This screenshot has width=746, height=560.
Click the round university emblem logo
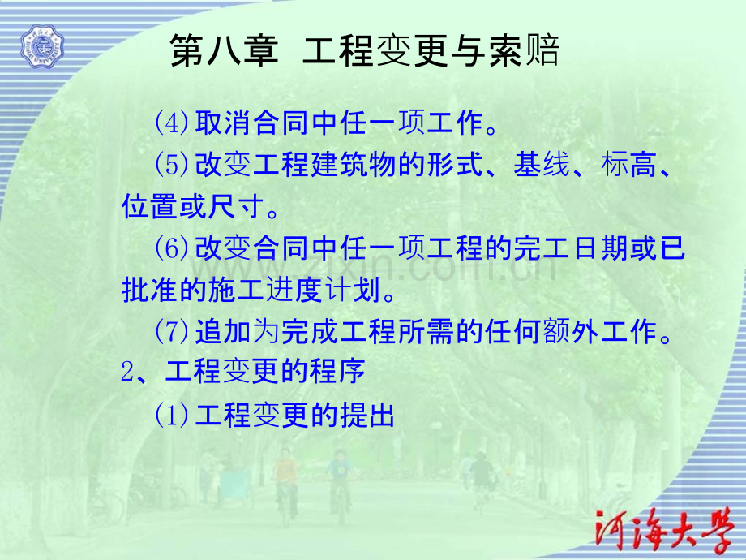pos(41,45)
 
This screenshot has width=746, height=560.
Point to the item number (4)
pos(171,123)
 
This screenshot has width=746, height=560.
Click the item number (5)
pos(171,166)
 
